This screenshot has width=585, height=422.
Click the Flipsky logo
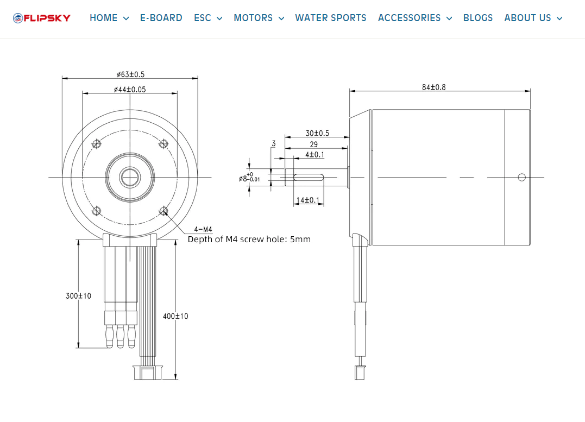tap(42, 18)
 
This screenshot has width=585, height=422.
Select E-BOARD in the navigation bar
tap(161, 18)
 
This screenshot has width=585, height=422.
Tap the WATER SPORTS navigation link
tap(331, 18)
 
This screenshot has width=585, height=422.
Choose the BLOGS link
tap(478, 18)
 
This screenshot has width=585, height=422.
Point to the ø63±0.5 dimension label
tap(130, 74)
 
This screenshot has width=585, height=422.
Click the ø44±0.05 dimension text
tap(130, 89)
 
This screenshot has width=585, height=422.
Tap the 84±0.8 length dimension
tap(433, 87)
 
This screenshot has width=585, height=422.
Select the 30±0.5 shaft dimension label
tap(317, 133)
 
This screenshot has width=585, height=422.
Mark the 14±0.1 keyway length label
tap(309, 200)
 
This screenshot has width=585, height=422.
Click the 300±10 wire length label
tap(78, 296)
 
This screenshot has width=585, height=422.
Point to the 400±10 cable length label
tap(175, 316)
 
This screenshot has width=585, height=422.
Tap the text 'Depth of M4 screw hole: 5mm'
tap(249, 239)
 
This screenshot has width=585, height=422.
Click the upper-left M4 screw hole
tap(97, 144)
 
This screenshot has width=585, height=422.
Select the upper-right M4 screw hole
tap(163, 144)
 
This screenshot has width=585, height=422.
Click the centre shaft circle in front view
tap(130, 177)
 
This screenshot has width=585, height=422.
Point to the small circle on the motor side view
tap(522, 177)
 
